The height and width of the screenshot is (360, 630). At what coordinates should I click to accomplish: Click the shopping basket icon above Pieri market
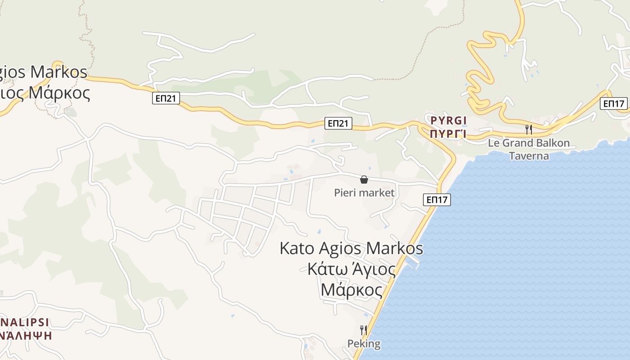[x=364, y=180]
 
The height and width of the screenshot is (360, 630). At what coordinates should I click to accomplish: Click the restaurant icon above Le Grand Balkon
[x=529, y=130]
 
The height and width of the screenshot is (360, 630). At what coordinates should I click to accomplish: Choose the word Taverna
[x=529, y=156]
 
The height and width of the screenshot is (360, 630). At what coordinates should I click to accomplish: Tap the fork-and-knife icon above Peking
[x=364, y=330]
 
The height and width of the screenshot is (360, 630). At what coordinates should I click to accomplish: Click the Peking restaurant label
[x=364, y=344]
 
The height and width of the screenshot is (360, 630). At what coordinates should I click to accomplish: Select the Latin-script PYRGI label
[x=448, y=121]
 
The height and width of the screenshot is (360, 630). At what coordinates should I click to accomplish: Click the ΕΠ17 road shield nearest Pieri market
[x=437, y=199]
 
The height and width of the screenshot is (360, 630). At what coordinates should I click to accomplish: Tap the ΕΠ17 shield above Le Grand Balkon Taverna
[x=614, y=104]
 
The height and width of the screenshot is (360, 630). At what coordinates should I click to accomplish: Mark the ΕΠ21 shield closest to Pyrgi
[x=338, y=123]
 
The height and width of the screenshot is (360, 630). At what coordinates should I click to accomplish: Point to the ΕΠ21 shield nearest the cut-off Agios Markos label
[x=166, y=98]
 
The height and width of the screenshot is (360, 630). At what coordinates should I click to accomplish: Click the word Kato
[x=297, y=248]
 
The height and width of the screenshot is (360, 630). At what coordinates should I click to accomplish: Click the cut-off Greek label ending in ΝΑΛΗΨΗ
[x=26, y=335]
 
